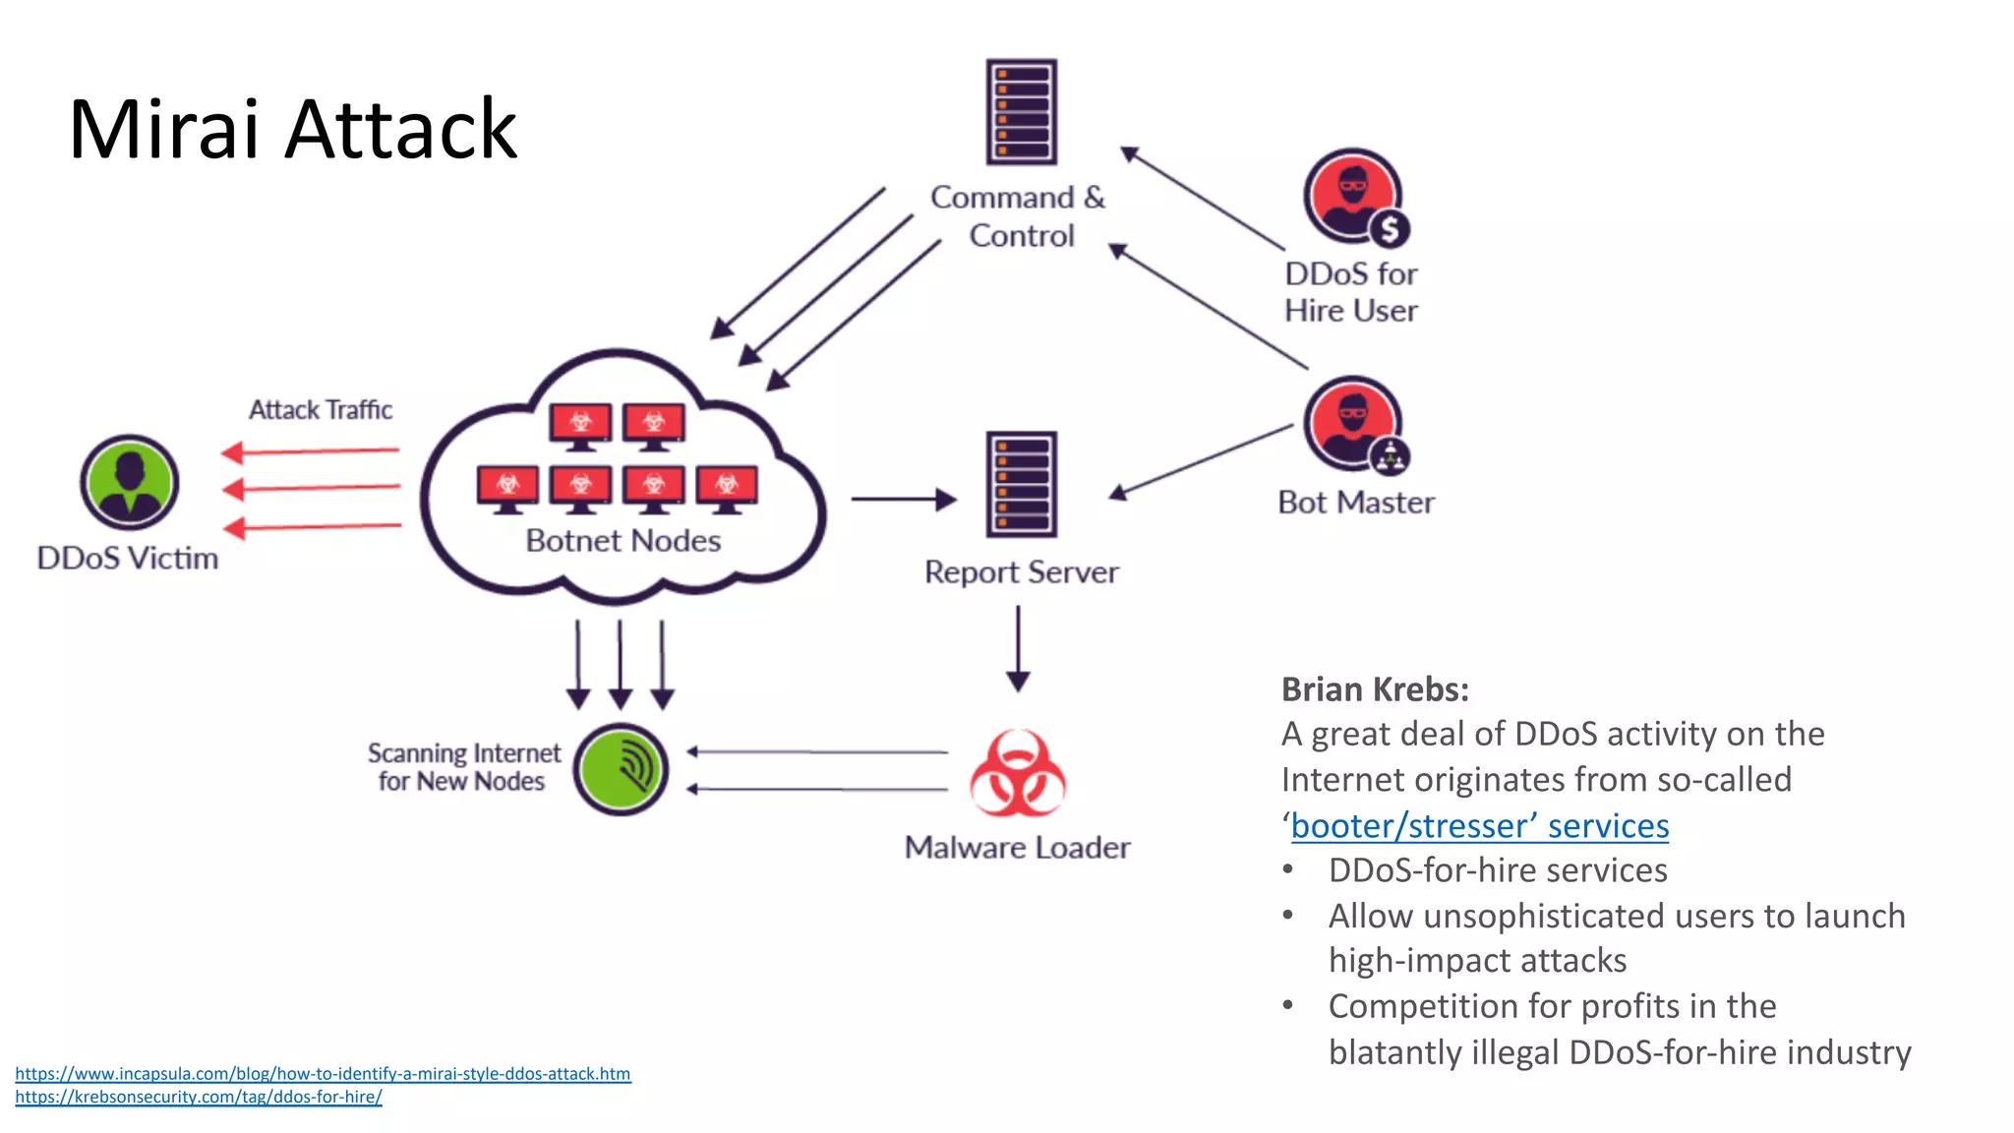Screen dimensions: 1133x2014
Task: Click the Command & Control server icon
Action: tap(1021, 111)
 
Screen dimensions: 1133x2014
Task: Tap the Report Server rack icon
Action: tap(1021, 484)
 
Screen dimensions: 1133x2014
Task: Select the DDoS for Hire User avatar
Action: tap(1351, 195)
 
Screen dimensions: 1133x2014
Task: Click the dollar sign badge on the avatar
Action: tap(1389, 230)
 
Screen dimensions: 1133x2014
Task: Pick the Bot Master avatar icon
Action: tap(1352, 423)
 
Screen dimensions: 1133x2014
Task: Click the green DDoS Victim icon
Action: tap(129, 482)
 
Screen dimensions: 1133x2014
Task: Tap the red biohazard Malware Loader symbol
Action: tap(1017, 774)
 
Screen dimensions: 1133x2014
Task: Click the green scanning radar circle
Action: tap(621, 769)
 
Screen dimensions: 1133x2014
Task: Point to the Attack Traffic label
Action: tap(321, 409)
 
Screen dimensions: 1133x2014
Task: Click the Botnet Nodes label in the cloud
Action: tap(622, 541)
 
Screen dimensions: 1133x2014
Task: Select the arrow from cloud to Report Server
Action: tap(903, 500)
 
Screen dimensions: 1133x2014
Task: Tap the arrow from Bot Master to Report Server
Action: tap(1201, 460)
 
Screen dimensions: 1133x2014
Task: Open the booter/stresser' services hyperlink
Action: tap(1479, 826)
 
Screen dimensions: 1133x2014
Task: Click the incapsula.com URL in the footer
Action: tap(323, 1074)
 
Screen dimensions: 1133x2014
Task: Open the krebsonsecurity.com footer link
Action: tap(198, 1097)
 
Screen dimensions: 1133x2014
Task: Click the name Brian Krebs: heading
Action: tap(1374, 689)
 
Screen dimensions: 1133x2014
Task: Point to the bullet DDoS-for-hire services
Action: tap(1497, 870)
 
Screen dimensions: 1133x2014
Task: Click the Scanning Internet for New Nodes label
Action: tap(462, 767)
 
